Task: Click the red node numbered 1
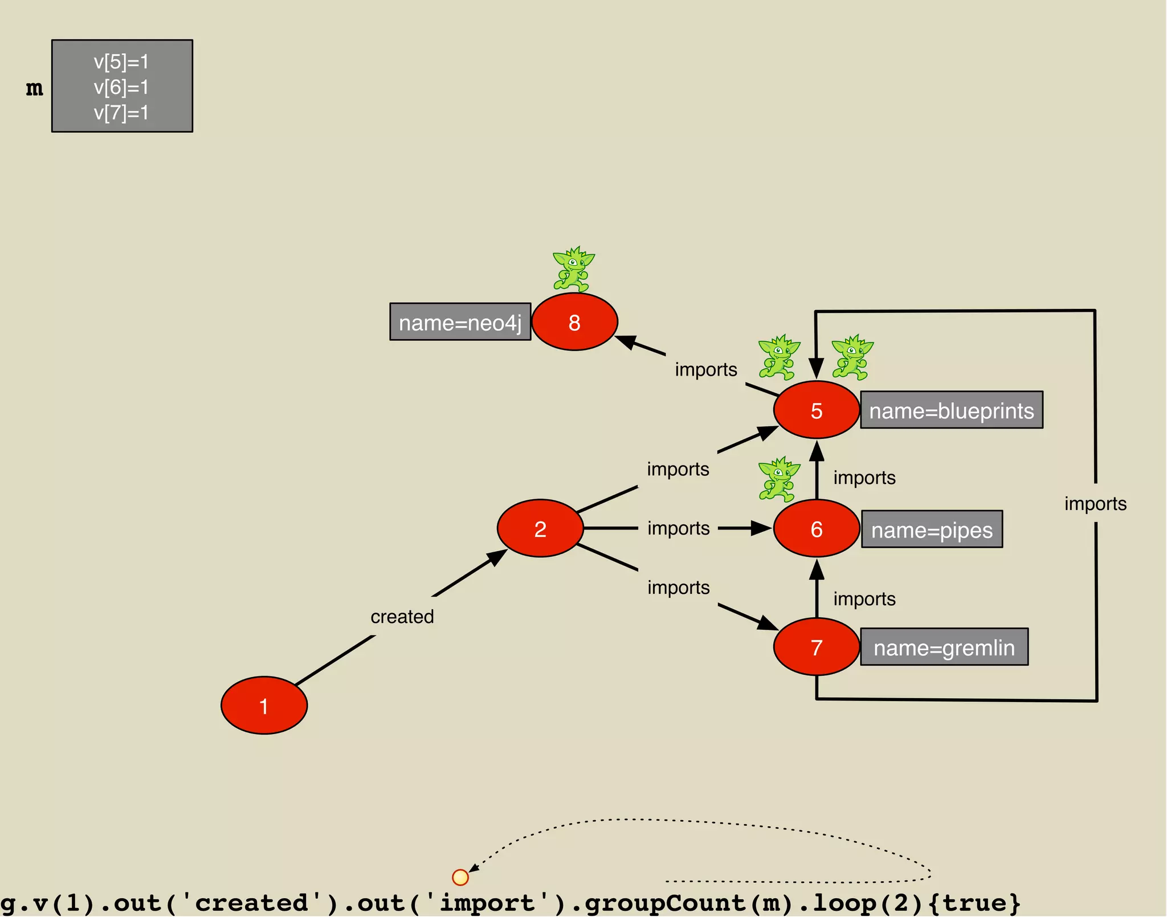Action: (x=264, y=705)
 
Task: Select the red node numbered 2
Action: (x=540, y=528)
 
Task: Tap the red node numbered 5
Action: (x=816, y=410)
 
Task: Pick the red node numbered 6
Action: (x=816, y=528)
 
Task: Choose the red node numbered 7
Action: (x=816, y=647)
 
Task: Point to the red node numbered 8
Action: (x=574, y=322)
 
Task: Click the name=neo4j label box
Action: (x=460, y=322)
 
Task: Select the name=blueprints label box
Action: (x=951, y=410)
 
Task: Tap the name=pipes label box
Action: (x=931, y=529)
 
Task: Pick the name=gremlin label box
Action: (x=944, y=647)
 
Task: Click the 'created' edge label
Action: (x=402, y=616)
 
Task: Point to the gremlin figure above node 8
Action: (x=573, y=268)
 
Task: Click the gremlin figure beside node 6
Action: (x=778, y=478)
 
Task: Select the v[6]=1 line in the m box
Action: (x=121, y=87)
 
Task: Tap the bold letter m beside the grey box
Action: (x=34, y=88)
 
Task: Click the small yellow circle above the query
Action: (x=460, y=877)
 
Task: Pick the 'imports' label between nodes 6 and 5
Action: (x=864, y=478)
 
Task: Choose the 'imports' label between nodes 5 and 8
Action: (x=705, y=369)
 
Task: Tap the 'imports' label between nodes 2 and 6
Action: (x=678, y=528)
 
